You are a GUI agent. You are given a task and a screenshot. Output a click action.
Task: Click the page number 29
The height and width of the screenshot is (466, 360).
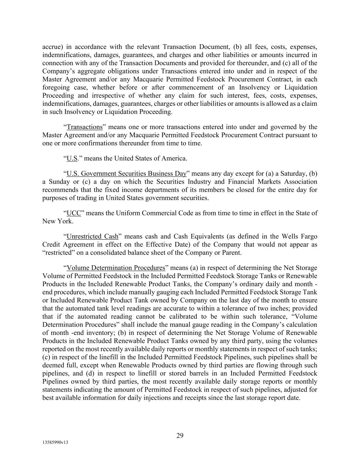tap(180, 435)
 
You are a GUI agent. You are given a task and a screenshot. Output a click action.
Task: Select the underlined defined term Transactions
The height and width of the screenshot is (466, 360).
tap(85, 127)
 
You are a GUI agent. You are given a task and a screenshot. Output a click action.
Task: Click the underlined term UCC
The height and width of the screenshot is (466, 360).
tap(74, 213)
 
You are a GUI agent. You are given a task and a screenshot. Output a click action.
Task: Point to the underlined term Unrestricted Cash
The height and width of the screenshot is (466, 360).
tap(92, 236)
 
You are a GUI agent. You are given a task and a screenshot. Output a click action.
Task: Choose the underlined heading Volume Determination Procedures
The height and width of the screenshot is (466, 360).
tap(116, 268)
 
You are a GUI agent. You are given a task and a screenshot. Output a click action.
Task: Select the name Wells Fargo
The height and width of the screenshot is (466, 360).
tap(299, 236)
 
